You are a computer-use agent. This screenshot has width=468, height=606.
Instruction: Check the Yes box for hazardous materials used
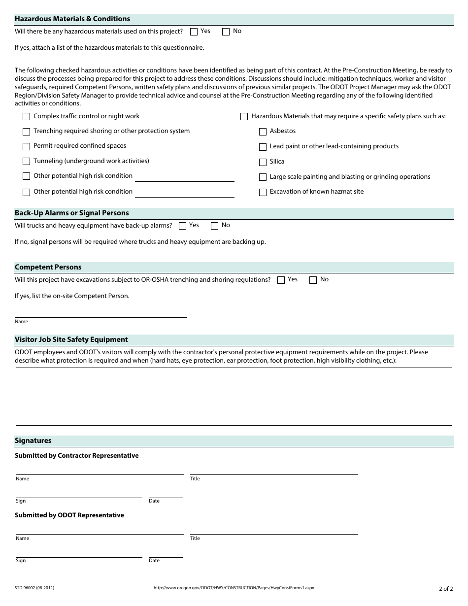[194, 32]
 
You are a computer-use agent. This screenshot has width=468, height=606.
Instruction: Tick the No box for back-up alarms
[214, 226]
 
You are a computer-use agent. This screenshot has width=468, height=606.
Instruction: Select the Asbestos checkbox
[263, 132]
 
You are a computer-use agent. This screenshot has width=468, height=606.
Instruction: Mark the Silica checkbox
[263, 162]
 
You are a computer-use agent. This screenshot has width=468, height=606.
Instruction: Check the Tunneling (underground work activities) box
[26, 162]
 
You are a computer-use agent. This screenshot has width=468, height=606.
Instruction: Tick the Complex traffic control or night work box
[26, 117]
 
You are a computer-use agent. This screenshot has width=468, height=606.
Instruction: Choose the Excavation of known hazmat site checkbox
[263, 192]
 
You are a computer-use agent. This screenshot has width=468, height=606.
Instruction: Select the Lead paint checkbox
[263, 147]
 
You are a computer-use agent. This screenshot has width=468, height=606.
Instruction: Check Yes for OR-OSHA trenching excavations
[281, 280]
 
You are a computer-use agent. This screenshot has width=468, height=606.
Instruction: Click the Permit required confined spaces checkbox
[26, 146]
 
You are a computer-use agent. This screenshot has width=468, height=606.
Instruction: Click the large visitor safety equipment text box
[234, 396]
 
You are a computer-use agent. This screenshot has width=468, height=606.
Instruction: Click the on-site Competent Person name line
[100, 313]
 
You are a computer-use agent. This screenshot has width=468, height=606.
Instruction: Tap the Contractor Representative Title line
[274, 471]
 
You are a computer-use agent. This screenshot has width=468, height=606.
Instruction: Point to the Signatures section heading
[33, 441]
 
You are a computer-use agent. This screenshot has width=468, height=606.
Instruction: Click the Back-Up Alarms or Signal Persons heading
[72, 213]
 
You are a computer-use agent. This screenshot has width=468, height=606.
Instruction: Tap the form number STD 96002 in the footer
[34, 588]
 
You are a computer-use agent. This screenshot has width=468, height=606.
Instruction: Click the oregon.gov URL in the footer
[234, 588]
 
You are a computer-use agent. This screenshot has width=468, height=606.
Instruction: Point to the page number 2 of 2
[445, 588]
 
